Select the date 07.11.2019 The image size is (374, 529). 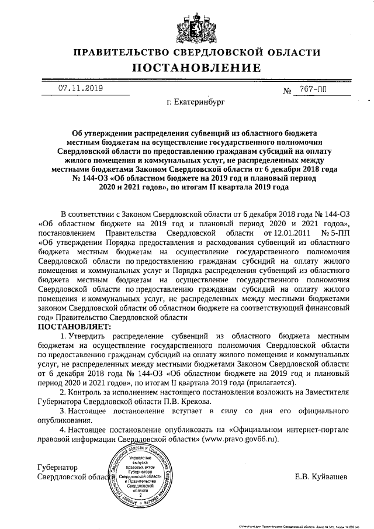click(80, 88)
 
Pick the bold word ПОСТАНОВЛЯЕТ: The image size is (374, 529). click(70, 326)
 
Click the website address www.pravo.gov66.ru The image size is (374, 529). click(238, 438)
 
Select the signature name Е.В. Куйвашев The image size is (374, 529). click(321, 476)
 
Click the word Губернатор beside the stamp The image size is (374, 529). click(57, 467)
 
